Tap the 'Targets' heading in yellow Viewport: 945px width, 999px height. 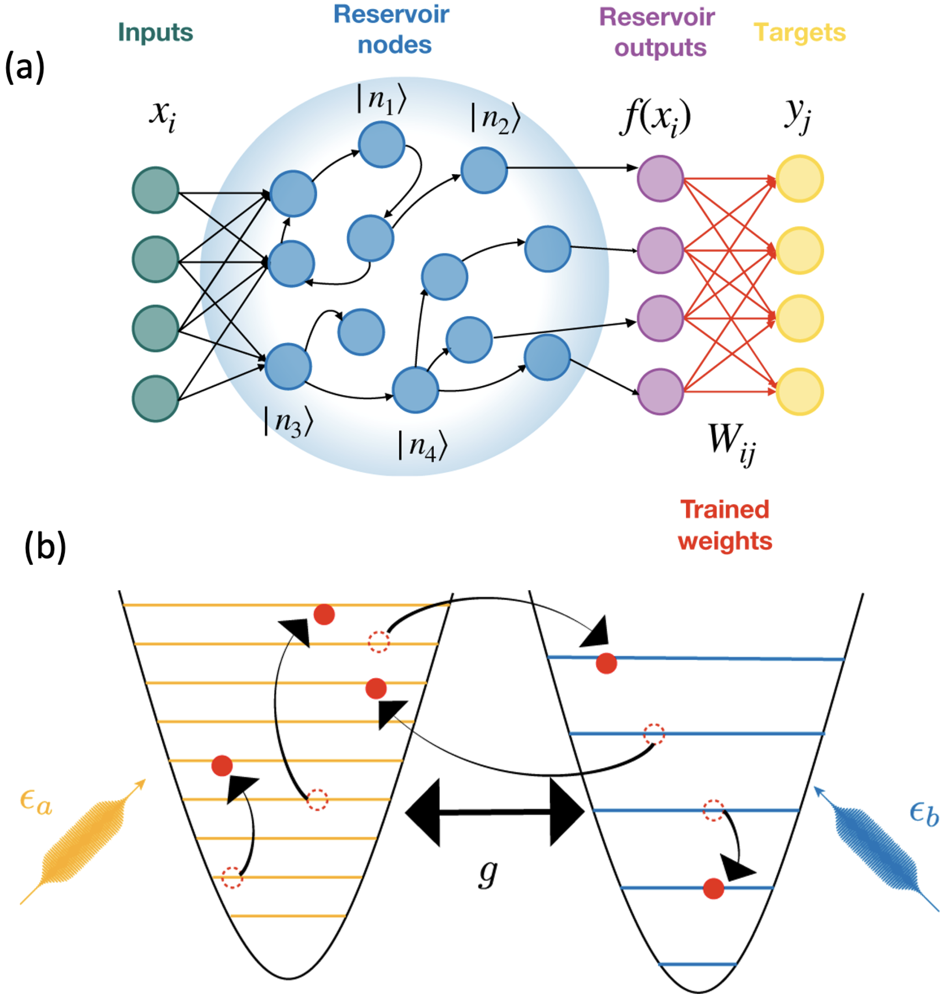(800, 33)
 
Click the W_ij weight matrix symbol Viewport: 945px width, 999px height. (731, 442)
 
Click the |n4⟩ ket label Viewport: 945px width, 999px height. (422, 446)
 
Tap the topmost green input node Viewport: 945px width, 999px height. (156, 190)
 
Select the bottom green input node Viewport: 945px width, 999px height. (156, 399)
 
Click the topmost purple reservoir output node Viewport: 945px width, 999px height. (660, 179)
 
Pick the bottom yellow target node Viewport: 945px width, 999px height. (800, 392)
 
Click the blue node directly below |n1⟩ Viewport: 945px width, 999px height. (381, 145)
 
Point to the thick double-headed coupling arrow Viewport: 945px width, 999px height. (494, 812)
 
